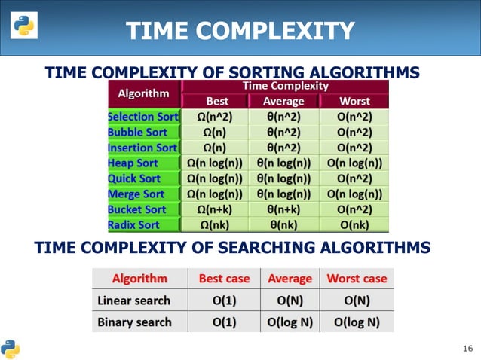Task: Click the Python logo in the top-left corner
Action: click(x=24, y=25)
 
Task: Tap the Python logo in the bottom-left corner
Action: click(x=11, y=347)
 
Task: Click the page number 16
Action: click(x=467, y=347)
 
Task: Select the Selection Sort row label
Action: click(x=142, y=117)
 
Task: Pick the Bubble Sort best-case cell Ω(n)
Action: click(x=213, y=132)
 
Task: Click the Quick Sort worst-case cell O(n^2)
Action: click(x=354, y=178)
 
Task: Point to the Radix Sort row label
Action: click(x=134, y=224)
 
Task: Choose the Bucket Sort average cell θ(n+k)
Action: click(x=283, y=209)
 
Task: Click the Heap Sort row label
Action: click(x=133, y=163)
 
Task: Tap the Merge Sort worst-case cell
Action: click(x=354, y=194)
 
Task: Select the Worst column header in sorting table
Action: click(x=354, y=101)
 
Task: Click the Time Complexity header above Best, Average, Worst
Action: click(x=284, y=86)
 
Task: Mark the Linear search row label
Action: click(x=134, y=300)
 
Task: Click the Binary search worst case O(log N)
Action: click(x=357, y=322)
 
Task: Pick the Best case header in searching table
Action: click(x=224, y=278)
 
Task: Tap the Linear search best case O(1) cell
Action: click(x=224, y=300)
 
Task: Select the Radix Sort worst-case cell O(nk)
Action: click(x=354, y=224)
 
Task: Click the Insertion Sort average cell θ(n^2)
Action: click(x=283, y=148)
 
